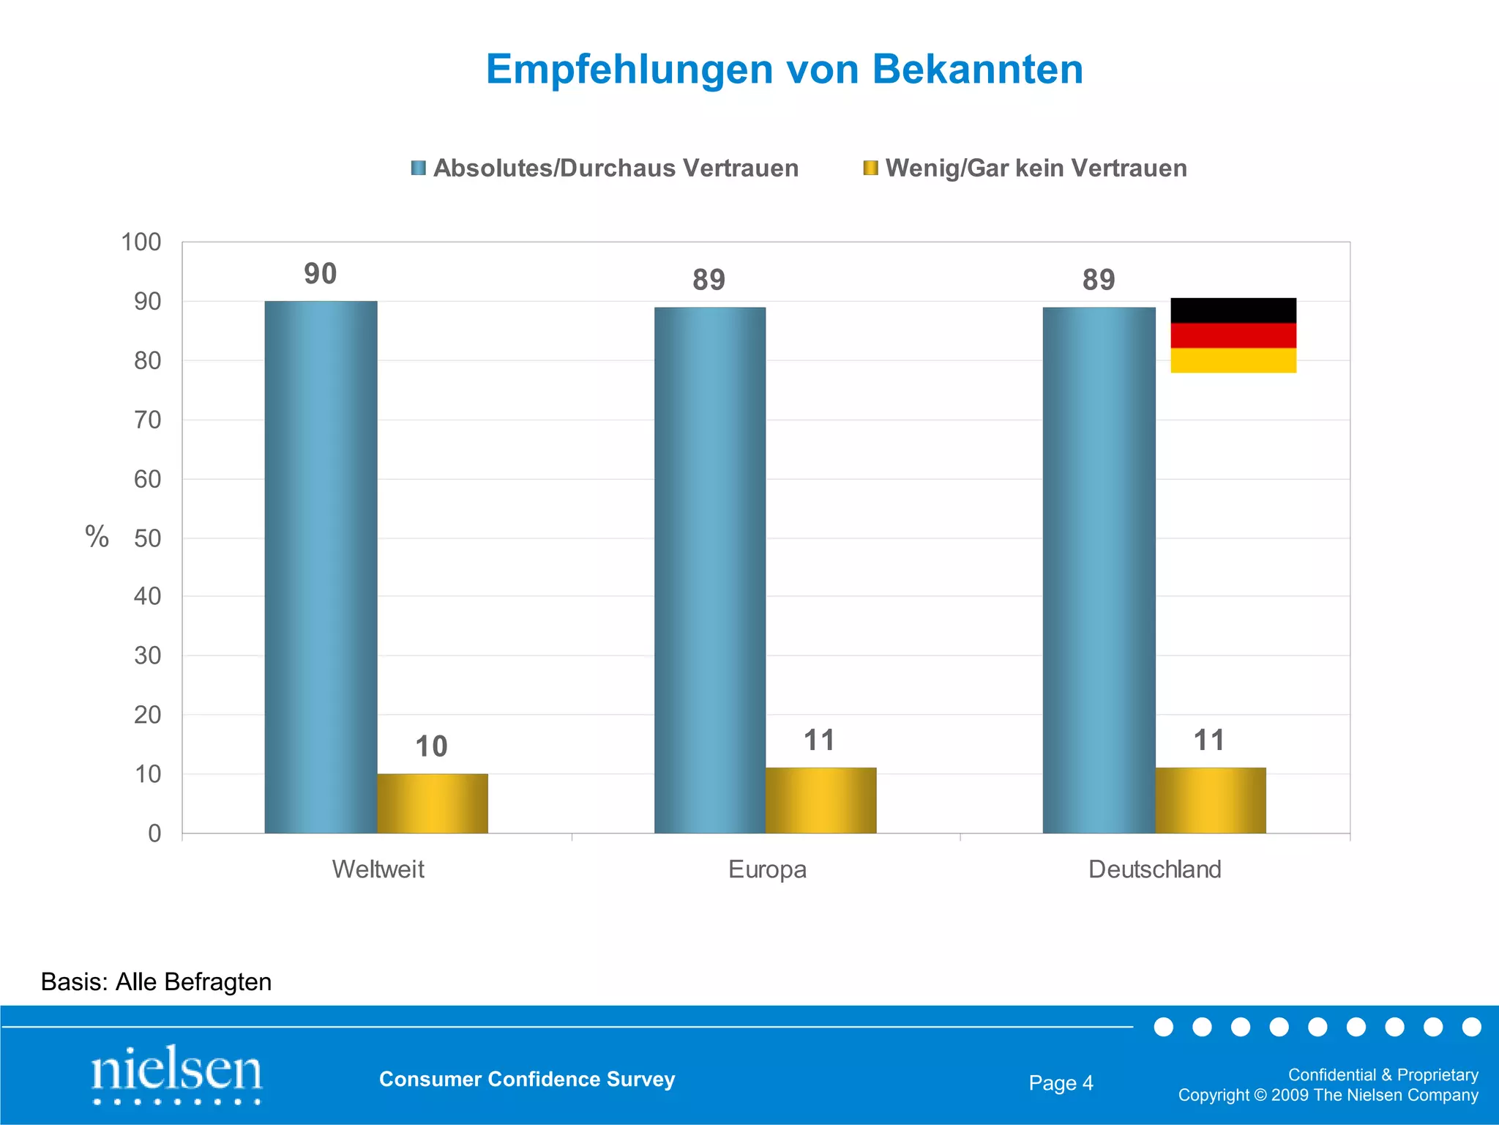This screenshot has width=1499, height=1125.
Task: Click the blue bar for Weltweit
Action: tap(321, 567)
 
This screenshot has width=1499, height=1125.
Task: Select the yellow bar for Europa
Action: tap(820, 800)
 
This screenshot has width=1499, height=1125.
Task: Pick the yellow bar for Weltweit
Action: tap(433, 803)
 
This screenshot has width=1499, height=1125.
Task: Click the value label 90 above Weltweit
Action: tap(321, 274)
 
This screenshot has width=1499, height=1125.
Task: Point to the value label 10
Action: tap(431, 746)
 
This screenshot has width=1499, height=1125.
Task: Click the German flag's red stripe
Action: tap(1233, 335)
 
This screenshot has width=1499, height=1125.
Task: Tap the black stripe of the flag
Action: tap(1233, 310)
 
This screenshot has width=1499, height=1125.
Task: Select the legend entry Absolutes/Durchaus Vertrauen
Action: tap(605, 168)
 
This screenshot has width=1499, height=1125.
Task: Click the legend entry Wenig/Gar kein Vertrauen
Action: tap(1025, 168)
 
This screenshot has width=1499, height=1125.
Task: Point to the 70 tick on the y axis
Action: tap(147, 420)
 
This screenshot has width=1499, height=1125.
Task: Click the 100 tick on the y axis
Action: tap(141, 242)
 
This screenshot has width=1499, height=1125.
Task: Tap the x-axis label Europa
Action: tap(767, 869)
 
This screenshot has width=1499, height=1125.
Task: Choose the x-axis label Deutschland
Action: tap(1154, 869)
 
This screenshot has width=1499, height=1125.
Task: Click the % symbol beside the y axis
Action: tap(97, 537)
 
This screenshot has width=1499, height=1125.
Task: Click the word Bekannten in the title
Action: tap(977, 70)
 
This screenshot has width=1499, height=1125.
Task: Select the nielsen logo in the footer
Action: tap(176, 1073)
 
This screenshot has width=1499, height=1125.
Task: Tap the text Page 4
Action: tap(1061, 1083)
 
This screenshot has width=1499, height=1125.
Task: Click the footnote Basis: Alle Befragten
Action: tap(156, 981)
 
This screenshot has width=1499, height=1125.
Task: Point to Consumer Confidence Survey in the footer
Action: tap(527, 1079)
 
